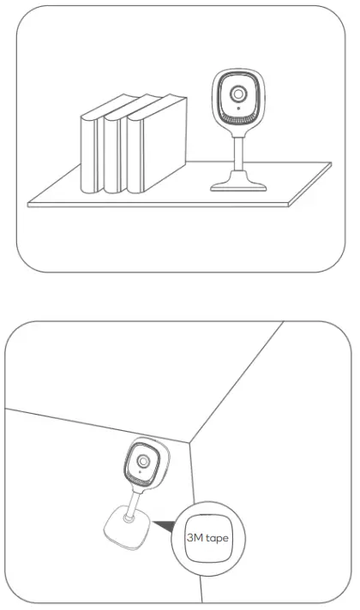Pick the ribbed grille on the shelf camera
click(238, 119)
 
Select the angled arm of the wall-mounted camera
click(134, 501)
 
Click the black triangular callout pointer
click(164, 523)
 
